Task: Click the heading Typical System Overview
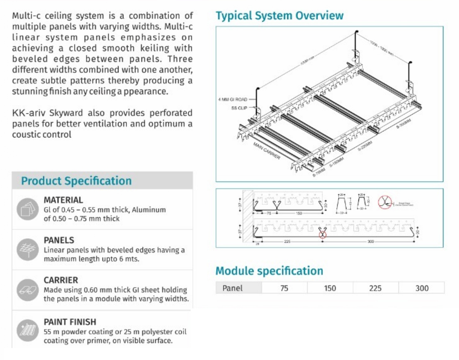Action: pyautogui.click(x=279, y=16)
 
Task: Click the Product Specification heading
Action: pyautogui.click(x=76, y=181)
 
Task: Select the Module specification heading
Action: pyautogui.click(x=269, y=271)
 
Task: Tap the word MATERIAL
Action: pyautogui.click(x=63, y=200)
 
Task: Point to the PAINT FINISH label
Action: pyautogui.click(x=70, y=322)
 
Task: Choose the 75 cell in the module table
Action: pyautogui.click(x=284, y=288)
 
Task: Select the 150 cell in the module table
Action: pyautogui.click(x=330, y=288)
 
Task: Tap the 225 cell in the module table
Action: pyautogui.click(x=375, y=288)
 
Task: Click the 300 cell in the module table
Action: pyautogui.click(x=422, y=288)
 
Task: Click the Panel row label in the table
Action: pyautogui.click(x=233, y=288)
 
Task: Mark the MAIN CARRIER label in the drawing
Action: pyautogui.click(x=267, y=151)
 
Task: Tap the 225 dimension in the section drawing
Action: pyautogui.click(x=287, y=242)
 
